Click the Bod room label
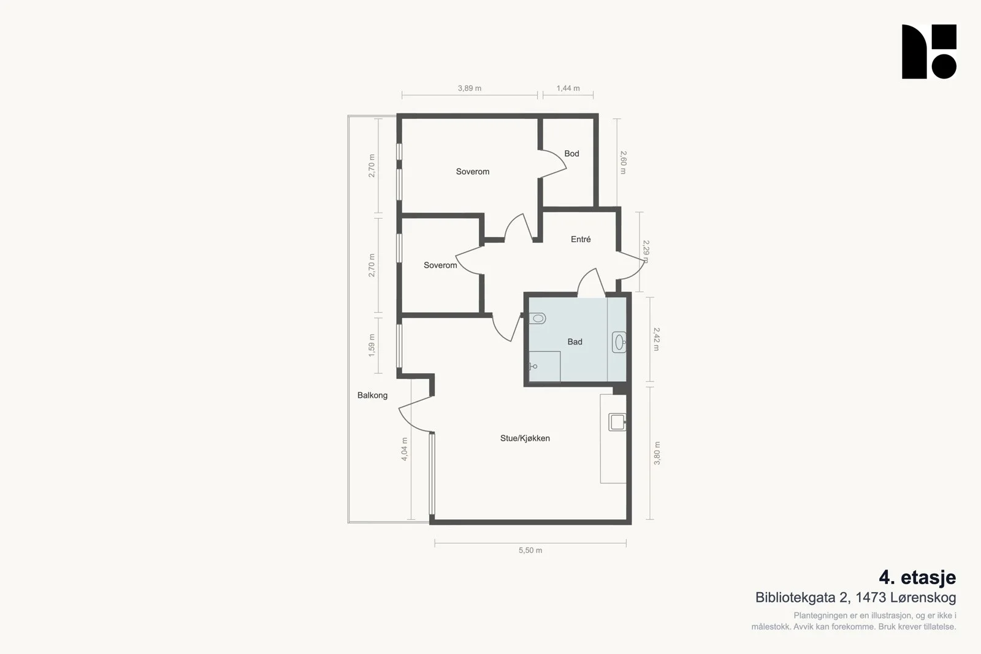click(571, 154)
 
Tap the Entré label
click(581, 239)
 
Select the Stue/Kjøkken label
click(525, 438)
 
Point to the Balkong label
click(372, 395)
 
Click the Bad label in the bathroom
click(574, 341)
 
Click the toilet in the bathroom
click(537, 318)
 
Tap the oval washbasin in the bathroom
click(619, 342)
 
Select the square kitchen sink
click(617, 422)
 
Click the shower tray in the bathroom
click(544, 367)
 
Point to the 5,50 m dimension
click(530, 550)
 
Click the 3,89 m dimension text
click(470, 88)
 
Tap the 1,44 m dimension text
click(568, 88)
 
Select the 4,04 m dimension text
click(404, 449)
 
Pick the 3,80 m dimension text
click(657, 453)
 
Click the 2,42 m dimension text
click(656, 339)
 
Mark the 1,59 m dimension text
click(372, 345)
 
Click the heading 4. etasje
click(917, 577)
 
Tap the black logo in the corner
click(929, 51)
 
